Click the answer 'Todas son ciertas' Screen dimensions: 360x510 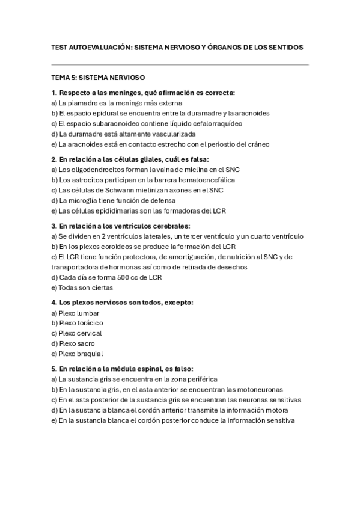[x=82, y=287]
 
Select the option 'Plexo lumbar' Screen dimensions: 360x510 [x=79, y=313]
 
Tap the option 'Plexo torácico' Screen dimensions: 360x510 [x=81, y=323]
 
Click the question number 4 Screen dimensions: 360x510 [x=53, y=302]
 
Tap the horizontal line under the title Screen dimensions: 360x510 [x=180, y=64]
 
